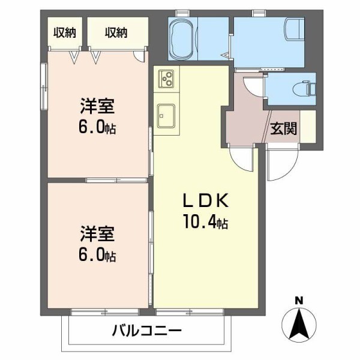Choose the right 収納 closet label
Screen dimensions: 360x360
[116, 32]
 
